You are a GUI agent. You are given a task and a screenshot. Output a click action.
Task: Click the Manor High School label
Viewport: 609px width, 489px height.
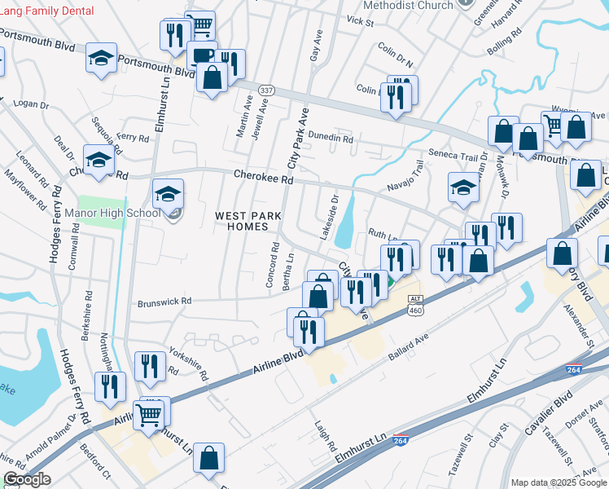pos(119,214)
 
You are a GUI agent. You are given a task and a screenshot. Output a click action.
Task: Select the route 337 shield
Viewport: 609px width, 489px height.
pos(266,89)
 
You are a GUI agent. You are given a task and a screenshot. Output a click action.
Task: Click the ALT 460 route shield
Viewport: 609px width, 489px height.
pos(415,305)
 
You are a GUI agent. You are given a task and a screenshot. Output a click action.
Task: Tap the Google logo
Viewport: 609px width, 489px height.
pos(27,479)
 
